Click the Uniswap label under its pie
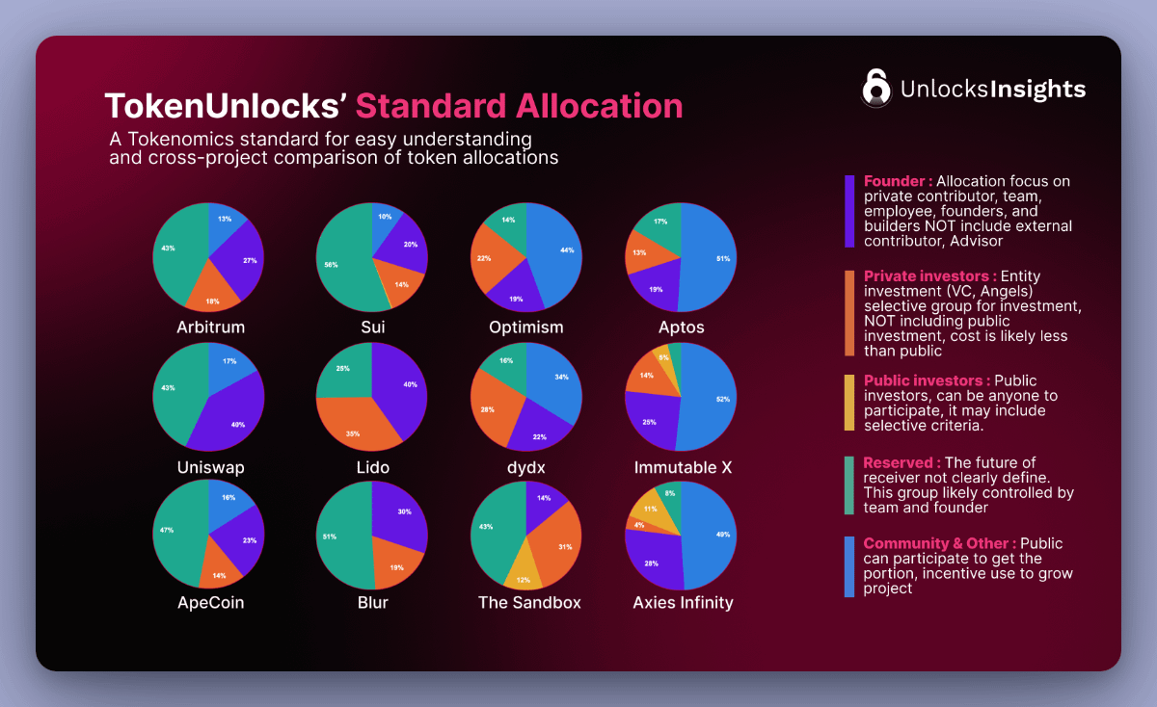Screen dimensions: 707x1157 [x=210, y=467]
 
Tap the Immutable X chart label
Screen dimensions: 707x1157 [x=683, y=467]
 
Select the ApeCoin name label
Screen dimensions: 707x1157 [x=210, y=603]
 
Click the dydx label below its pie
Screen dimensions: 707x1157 [x=526, y=467]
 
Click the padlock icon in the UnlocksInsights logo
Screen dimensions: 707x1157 [x=875, y=87]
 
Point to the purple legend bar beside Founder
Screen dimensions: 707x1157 [x=849, y=212]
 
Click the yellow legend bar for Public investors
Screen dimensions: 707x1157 [x=849, y=403]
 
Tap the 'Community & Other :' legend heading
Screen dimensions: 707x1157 [x=939, y=543]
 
